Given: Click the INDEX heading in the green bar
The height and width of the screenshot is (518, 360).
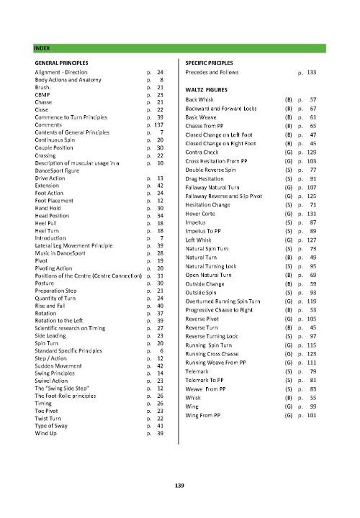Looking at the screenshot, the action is (41, 48).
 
